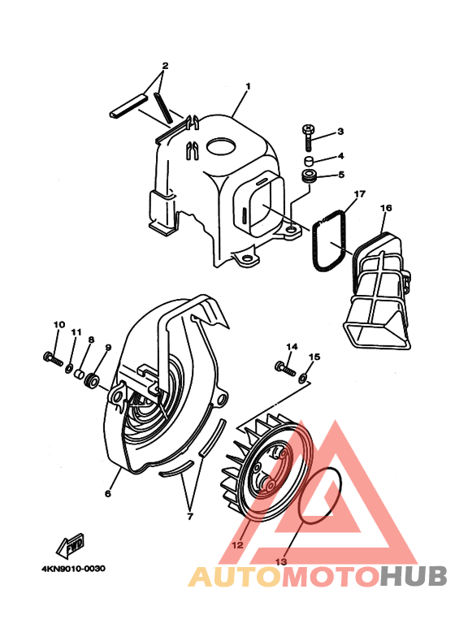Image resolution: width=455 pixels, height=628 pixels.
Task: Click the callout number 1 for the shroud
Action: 248,86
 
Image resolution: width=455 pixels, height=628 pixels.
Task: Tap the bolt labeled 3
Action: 308,137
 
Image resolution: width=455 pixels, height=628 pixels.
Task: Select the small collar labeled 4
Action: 309,162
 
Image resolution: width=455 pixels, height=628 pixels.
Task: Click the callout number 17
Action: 360,194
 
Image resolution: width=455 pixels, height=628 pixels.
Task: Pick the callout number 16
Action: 386,208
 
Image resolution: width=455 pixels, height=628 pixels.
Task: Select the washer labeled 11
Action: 69,368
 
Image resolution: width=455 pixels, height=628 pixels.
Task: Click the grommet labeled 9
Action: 90,380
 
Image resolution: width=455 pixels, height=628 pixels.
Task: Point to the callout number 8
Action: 91,340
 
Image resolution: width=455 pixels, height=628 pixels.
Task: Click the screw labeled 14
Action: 285,368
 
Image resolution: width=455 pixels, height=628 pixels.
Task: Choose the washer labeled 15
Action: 303,376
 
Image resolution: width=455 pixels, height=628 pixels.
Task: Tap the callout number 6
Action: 108,493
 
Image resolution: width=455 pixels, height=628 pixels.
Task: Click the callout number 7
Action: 190,517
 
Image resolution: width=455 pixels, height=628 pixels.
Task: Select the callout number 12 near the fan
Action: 237,544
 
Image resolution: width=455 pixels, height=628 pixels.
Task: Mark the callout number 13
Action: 281,561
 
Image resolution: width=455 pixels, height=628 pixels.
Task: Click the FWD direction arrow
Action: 70,546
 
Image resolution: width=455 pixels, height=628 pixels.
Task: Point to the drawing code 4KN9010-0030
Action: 74,569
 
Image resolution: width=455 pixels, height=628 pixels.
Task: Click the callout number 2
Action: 166,65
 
